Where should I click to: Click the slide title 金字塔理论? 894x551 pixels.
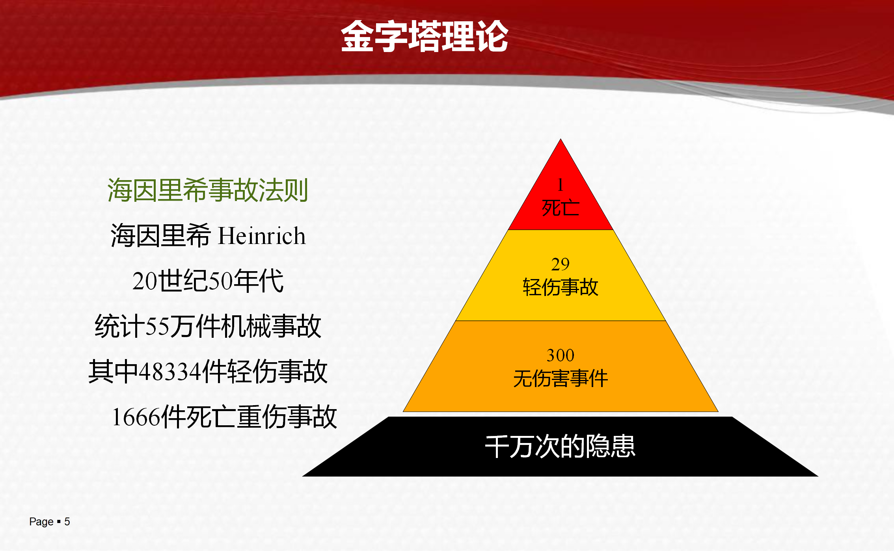click(x=425, y=36)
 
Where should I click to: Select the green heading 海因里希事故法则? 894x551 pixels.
click(x=208, y=190)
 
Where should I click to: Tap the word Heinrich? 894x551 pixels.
click(x=262, y=236)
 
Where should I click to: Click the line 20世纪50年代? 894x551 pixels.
click(x=208, y=281)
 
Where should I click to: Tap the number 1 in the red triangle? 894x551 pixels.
click(x=560, y=185)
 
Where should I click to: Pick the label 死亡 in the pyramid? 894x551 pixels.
click(x=561, y=208)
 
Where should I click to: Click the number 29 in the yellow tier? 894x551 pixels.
click(x=561, y=264)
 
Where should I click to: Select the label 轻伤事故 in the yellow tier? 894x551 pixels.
click(x=561, y=287)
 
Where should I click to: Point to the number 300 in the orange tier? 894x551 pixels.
click(x=561, y=355)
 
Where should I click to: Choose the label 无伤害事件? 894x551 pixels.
click(x=561, y=378)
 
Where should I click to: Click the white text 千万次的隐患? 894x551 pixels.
click(x=560, y=447)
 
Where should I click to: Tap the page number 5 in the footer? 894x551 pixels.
click(x=67, y=522)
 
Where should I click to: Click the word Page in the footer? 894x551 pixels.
click(x=41, y=522)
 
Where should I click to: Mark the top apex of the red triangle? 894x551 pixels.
click(x=561, y=139)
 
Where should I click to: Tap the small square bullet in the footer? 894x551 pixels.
click(x=59, y=522)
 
